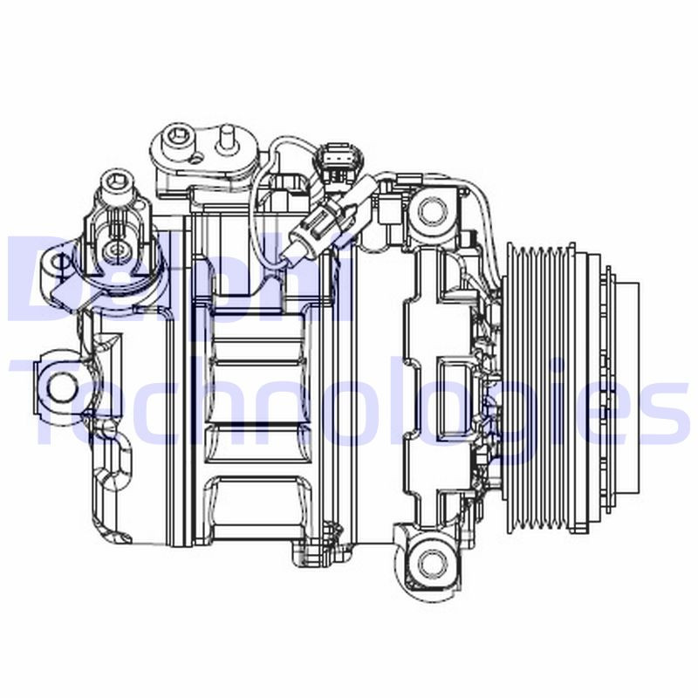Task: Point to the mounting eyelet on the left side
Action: [58, 384]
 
